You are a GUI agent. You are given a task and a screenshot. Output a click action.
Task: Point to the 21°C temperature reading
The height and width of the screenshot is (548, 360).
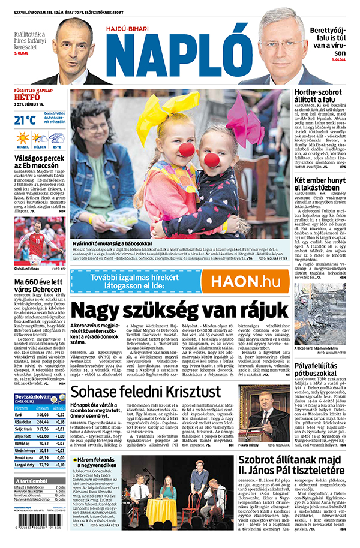point(25,120)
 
